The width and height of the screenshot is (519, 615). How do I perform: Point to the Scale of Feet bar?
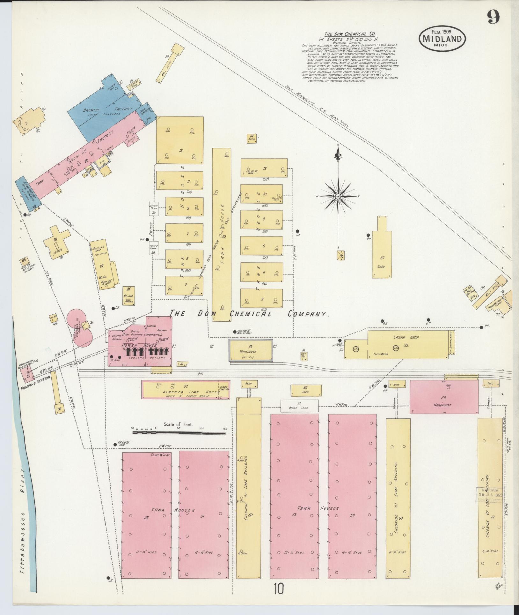[x=179, y=433]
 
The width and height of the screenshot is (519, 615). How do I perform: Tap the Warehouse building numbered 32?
[x=251, y=350]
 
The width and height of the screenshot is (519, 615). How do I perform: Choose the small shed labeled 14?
[x=252, y=138]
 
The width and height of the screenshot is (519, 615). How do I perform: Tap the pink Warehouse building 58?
[x=444, y=396]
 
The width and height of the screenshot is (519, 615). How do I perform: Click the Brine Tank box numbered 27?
[x=299, y=406]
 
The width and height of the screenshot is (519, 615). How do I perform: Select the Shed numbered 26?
[x=305, y=390]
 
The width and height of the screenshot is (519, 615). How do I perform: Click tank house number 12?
[x=264, y=169]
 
